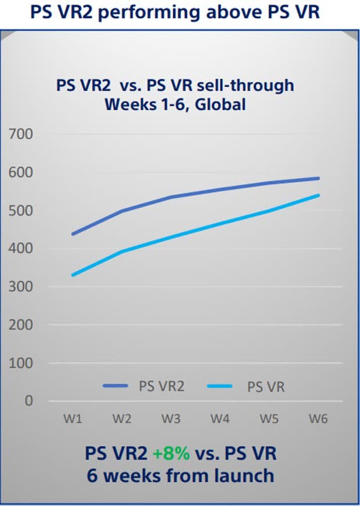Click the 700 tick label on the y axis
[x=21, y=134]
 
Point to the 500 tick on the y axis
[x=21, y=210]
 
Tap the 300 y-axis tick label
[x=21, y=286]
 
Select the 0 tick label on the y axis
[x=28, y=401]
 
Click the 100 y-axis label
[x=21, y=363]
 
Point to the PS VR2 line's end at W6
[x=319, y=178]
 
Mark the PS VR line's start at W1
[x=72, y=275]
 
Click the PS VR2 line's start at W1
[x=72, y=234]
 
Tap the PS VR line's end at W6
[x=319, y=195]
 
